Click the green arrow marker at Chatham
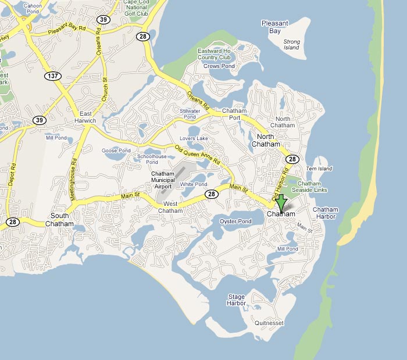281,204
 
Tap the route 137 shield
53,76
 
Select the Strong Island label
291,45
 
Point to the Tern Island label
319,169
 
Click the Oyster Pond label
234,221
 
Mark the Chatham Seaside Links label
312,187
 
